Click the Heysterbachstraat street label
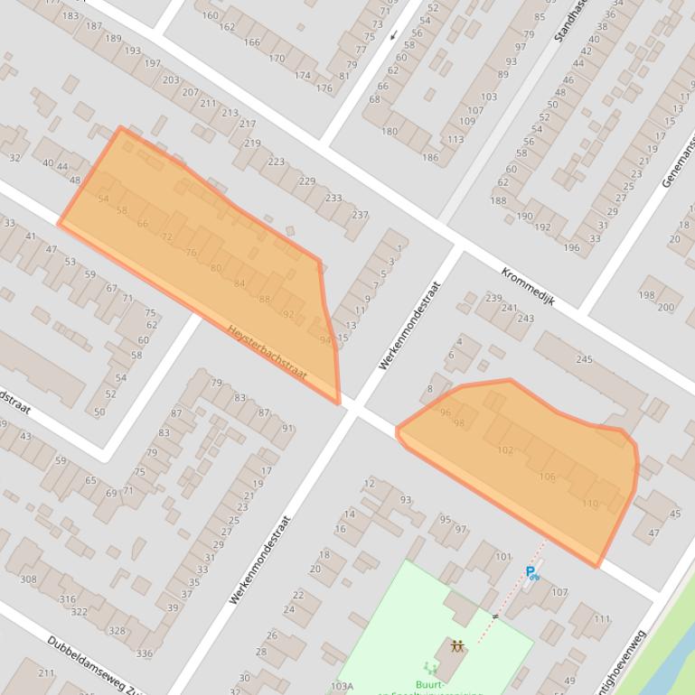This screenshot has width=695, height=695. click(267, 352)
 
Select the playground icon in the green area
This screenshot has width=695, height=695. click(457, 646)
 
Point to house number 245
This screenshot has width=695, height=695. click(584, 359)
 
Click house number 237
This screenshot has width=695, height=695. click(360, 215)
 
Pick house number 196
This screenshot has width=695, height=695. click(571, 247)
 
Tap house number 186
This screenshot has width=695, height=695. click(430, 157)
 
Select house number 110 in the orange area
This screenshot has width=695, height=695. click(590, 504)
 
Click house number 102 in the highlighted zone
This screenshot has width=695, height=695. click(505, 449)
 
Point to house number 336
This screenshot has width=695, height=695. click(144, 653)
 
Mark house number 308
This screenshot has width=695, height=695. click(28, 579)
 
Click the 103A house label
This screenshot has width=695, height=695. click(342, 686)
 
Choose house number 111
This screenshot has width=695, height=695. click(602, 619)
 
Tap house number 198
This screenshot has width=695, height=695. click(646, 295)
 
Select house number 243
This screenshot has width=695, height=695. click(526, 318)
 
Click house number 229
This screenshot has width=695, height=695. click(307, 181)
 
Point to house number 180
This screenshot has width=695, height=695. click(390, 132)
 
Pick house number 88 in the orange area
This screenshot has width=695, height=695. click(265, 299)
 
